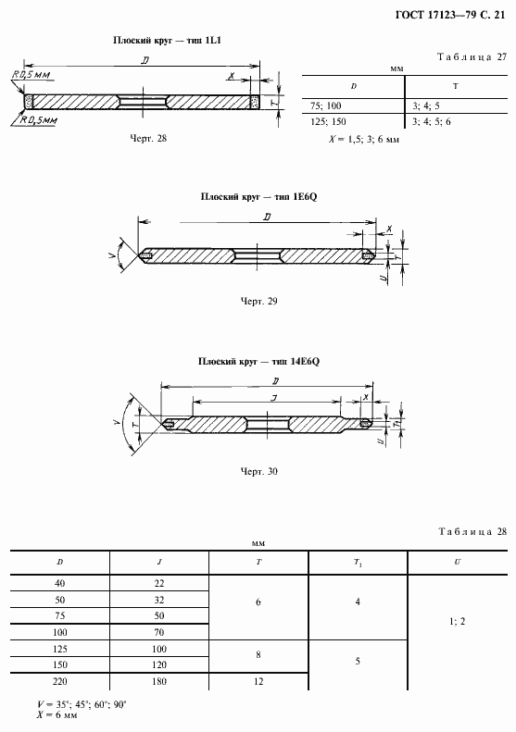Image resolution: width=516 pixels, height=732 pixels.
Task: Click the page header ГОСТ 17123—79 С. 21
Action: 450,15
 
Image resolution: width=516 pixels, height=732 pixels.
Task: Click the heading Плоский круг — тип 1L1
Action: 167,40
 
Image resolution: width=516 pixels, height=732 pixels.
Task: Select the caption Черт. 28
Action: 148,138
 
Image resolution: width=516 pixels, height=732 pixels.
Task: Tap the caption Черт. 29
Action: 259,301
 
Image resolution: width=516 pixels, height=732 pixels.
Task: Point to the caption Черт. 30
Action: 259,472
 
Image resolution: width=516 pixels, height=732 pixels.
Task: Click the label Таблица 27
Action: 472,57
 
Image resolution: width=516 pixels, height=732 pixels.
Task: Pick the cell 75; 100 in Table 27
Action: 326,106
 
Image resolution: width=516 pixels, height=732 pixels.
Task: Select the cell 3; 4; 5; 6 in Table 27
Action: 432,122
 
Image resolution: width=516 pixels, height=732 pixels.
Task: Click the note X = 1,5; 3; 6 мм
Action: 364,139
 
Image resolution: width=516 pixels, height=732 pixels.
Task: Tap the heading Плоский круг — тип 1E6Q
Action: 259,196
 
